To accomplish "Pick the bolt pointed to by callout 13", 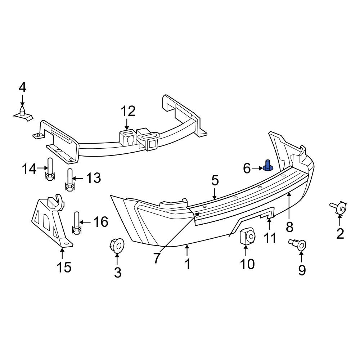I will coord(70,180).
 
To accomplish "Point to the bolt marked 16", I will coord(77,223).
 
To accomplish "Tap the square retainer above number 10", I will coord(247,237).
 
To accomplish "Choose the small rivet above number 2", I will coord(338,208).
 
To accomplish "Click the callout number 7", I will coord(156,258).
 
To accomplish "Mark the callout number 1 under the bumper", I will coord(187,264).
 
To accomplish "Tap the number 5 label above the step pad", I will coord(215,180).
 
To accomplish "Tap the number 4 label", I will coord(22,87).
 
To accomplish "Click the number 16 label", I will coord(100,222).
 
